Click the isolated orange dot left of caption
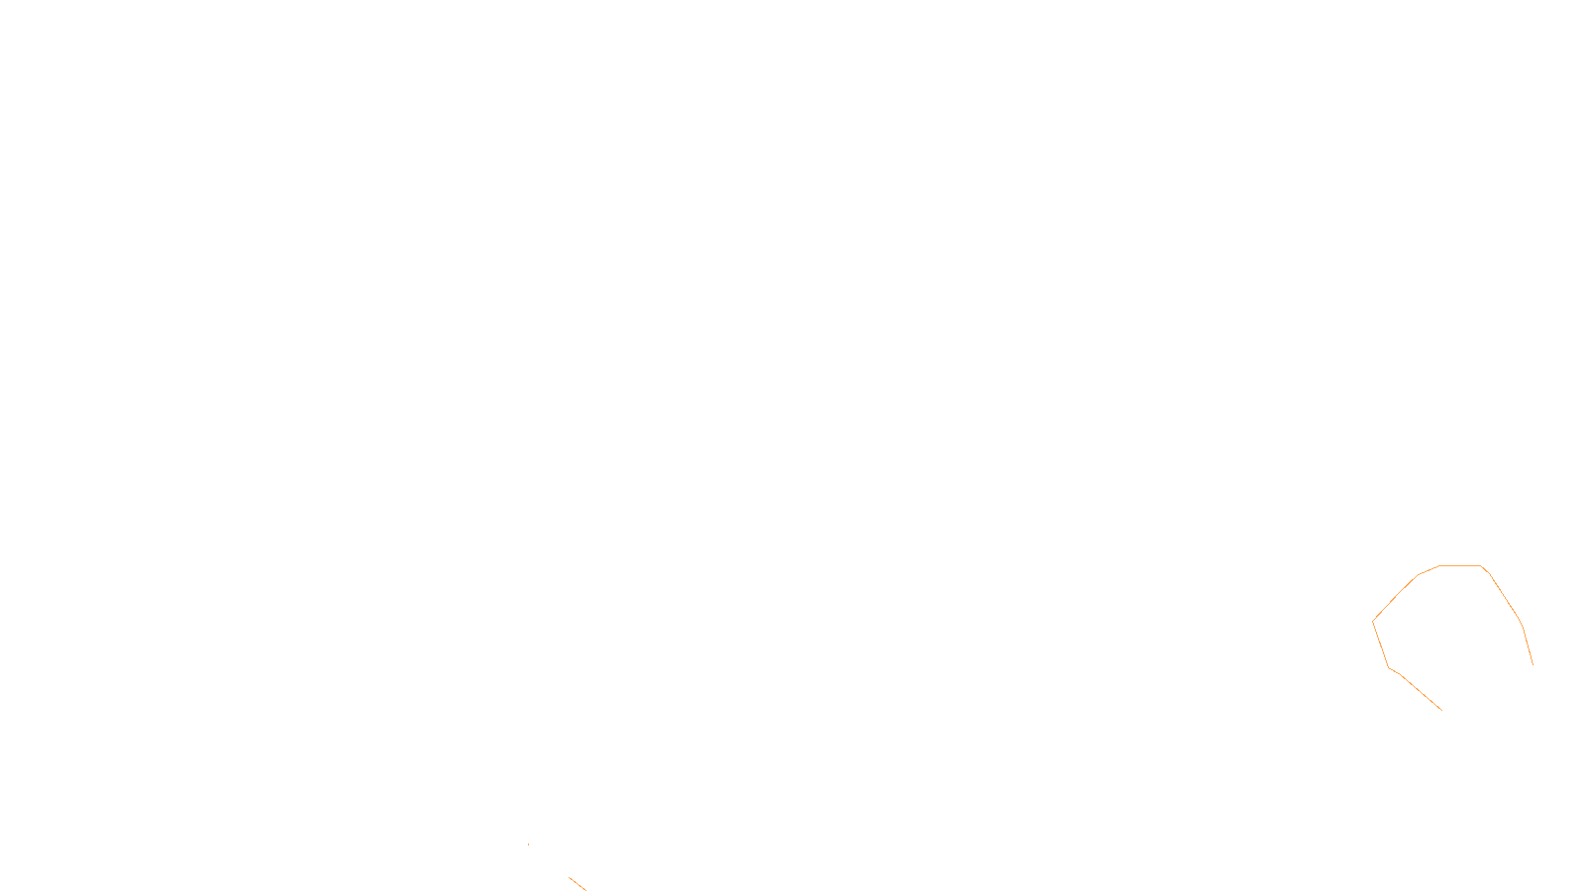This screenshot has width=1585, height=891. pos(528,844)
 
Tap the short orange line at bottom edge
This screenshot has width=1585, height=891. pos(577,883)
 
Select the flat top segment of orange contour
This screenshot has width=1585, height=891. pos(1460,566)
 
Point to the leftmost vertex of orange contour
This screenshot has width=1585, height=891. pos(1373,621)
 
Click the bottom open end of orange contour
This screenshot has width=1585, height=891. pos(1441,710)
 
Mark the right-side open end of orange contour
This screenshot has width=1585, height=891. pos(1532,664)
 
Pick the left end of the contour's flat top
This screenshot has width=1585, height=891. pos(1440,566)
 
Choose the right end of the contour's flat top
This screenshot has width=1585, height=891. pos(1481,566)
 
